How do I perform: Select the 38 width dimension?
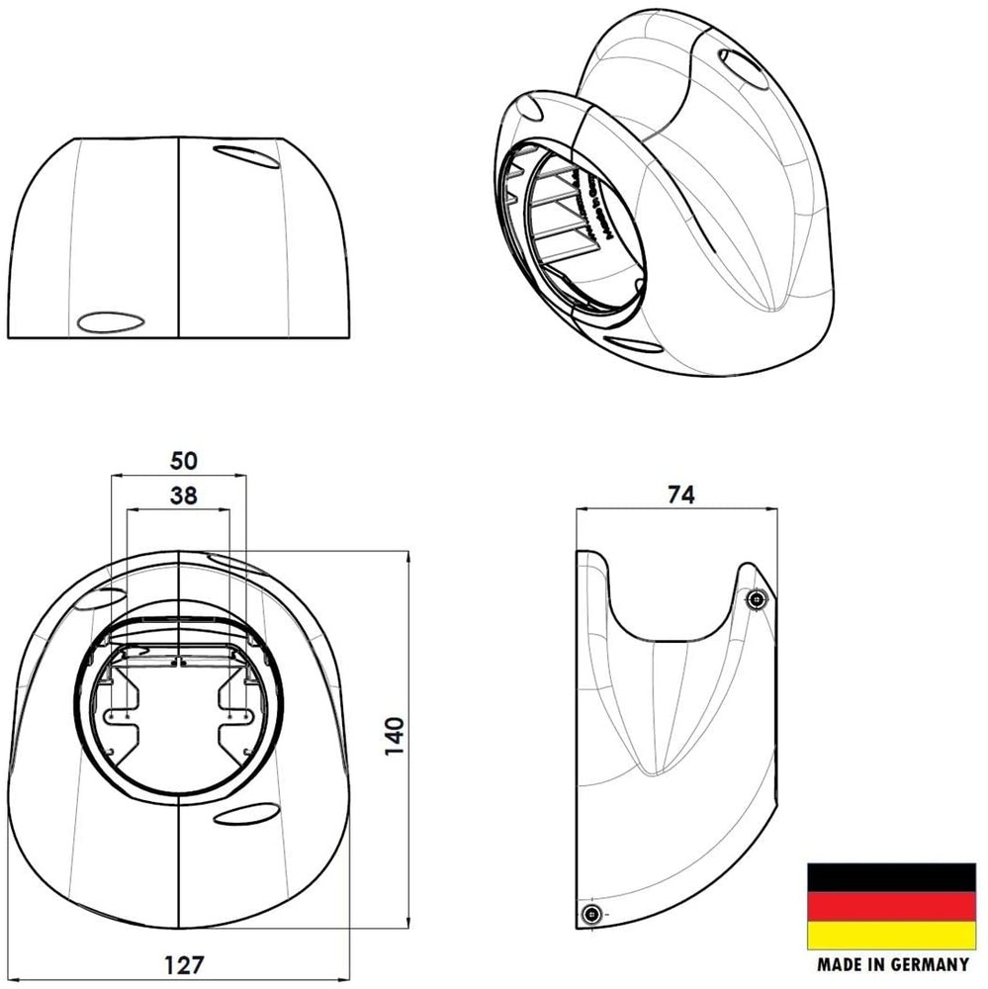(183, 497)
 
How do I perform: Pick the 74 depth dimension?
(680, 495)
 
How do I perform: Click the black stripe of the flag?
(891, 876)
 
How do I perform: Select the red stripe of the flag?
(891, 906)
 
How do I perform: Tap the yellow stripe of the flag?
(891, 935)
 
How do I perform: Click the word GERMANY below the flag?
(925, 964)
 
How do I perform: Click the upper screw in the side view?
(757, 599)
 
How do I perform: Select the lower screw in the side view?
(591, 913)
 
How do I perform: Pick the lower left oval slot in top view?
(110, 321)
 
